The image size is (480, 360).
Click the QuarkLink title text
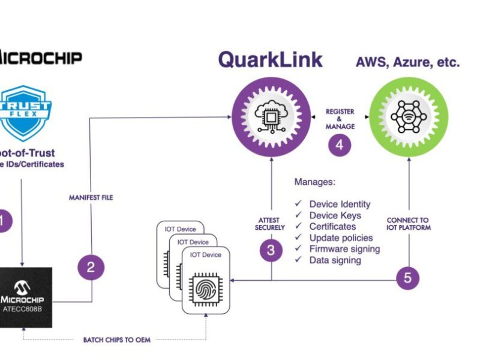pos(270,59)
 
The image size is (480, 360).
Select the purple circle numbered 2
pos(91,267)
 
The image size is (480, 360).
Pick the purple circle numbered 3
pos(271,251)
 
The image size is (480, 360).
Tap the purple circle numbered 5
pos(408,277)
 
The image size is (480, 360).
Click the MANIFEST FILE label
pos(91,197)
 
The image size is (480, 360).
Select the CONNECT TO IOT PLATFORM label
pos(409,223)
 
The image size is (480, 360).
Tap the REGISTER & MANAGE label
pos(340,118)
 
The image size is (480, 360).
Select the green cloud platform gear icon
pos(408,115)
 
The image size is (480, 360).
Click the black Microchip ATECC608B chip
pos(26,298)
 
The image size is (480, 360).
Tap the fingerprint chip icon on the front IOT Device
pos(206,289)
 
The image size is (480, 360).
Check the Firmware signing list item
pos(344,249)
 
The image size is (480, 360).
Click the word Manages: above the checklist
pos(315,181)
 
